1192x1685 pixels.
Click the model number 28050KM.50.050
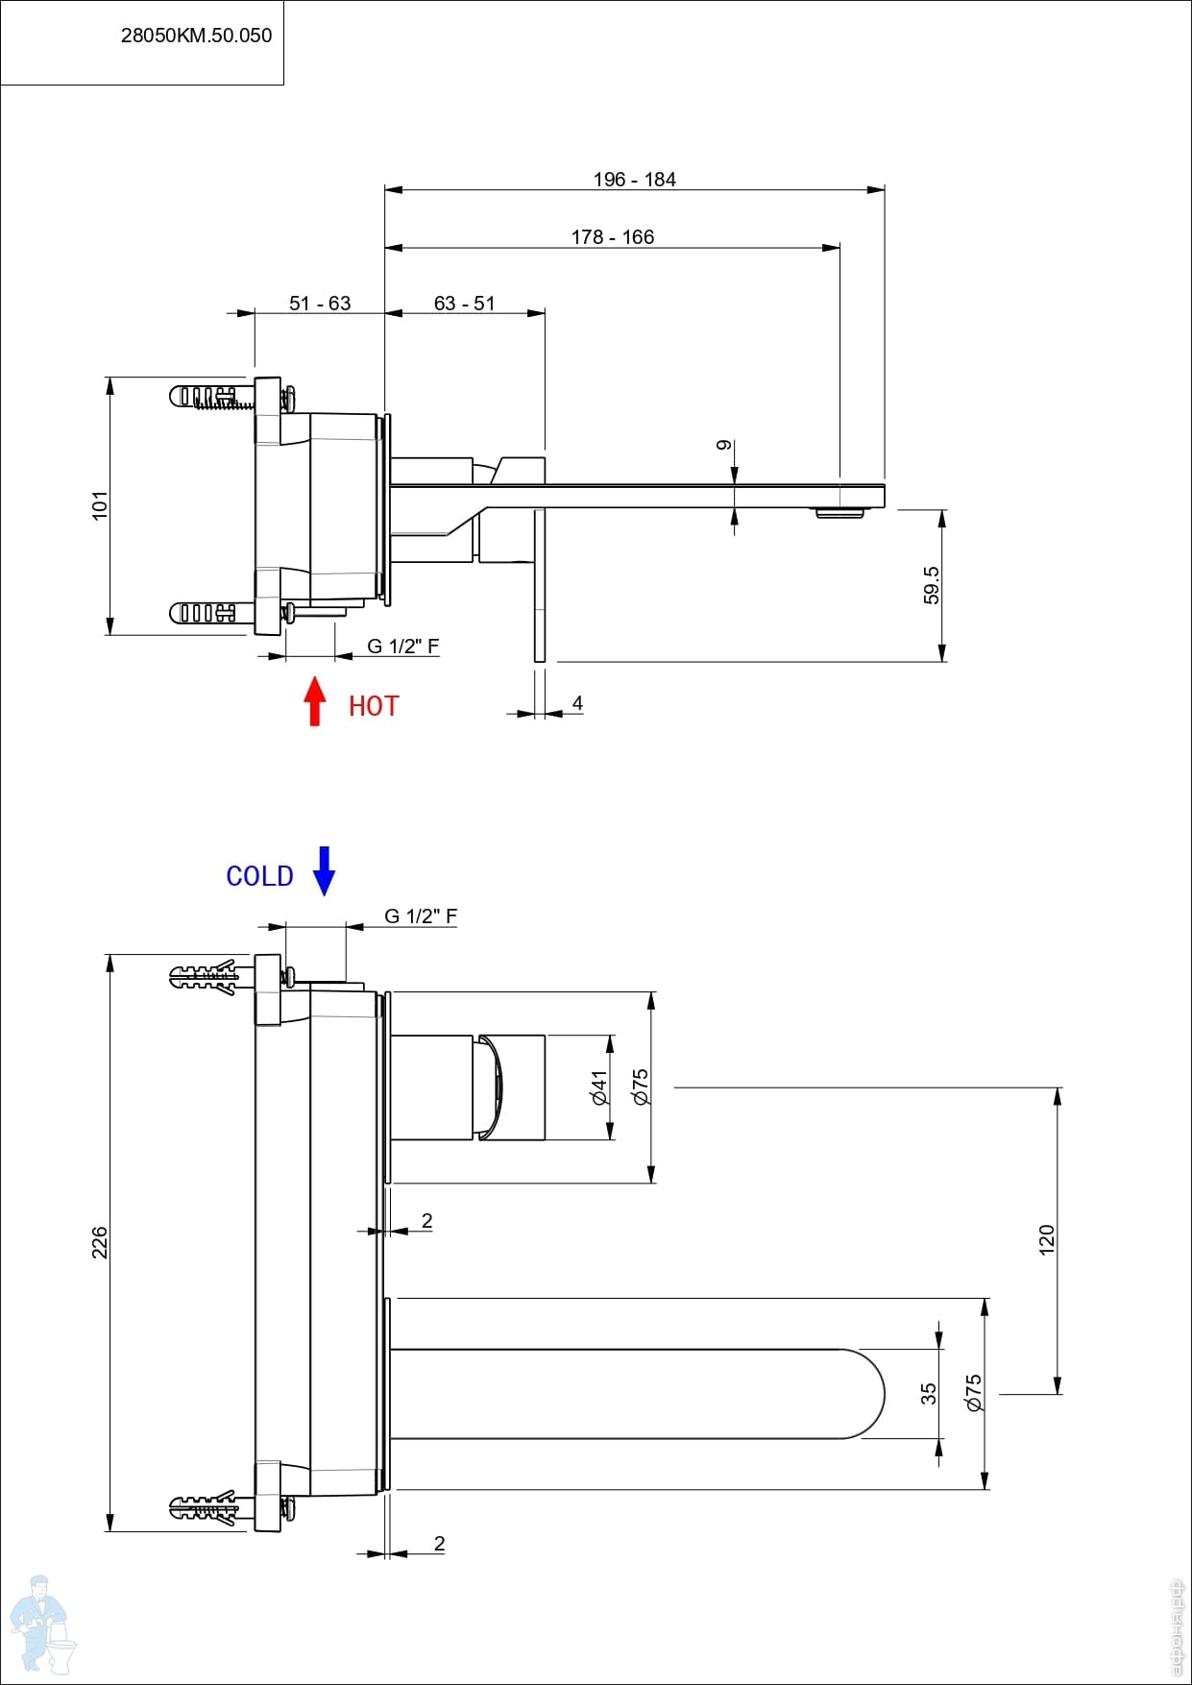(x=196, y=36)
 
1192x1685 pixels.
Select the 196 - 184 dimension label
(x=634, y=180)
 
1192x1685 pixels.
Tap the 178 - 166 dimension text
(x=613, y=237)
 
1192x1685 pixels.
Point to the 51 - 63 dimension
(x=320, y=304)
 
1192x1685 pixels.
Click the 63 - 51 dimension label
(x=465, y=304)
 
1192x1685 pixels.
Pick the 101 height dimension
(x=100, y=505)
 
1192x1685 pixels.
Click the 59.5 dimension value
(x=932, y=585)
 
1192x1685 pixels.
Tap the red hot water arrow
(x=314, y=701)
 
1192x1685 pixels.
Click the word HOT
(x=374, y=707)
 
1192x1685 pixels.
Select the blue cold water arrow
(x=325, y=870)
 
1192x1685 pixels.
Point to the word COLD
(x=259, y=876)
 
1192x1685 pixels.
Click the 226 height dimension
(x=100, y=1242)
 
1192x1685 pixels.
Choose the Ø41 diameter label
(x=600, y=1087)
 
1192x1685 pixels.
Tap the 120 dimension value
(x=1047, y=1239)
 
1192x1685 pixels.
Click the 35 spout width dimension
(x=928, y=1393)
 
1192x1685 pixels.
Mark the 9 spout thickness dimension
(x=724, y=445)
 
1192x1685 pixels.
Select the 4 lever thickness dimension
(x=577, y=703)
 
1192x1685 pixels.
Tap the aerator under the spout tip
(x=840, y=513)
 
